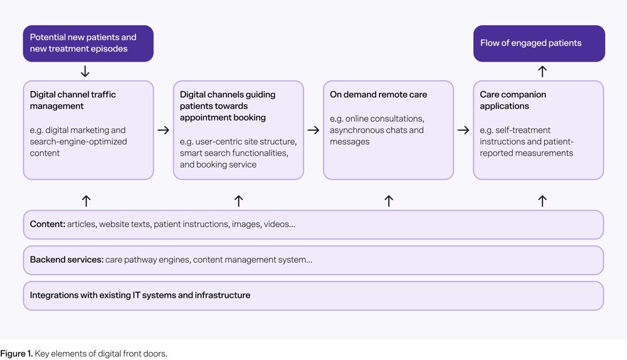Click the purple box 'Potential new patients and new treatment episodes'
[x=88, y=43]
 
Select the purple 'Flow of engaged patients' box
[x=539, y=43]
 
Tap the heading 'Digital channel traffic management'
[x=73, y=100]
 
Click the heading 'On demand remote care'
[x=378, y=95]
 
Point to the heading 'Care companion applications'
[x=513, y=100]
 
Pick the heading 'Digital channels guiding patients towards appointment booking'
[x=228, y=106]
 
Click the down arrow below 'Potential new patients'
[x=85, y=71]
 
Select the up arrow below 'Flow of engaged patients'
[x=542, y=71]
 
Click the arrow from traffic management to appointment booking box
[x=163, y=130]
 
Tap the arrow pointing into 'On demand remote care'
[x=313, y=130]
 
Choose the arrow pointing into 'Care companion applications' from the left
[x=463, y=130]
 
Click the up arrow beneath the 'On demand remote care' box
[x=388, y=201]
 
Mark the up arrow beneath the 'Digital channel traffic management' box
[x=87, y=201]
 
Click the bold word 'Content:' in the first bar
[x=48, y=224]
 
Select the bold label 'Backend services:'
[x=66, y=260]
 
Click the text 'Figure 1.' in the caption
[x=16, y=354]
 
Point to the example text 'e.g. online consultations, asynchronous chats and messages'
[x=377, y=130]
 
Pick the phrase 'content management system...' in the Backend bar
[x=252, y=260]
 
